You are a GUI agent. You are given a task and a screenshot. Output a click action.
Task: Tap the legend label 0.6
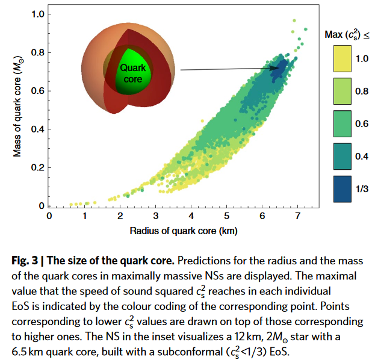362,123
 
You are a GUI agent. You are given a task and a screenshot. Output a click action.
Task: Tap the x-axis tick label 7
297,216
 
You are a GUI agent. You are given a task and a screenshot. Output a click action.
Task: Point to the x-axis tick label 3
155,216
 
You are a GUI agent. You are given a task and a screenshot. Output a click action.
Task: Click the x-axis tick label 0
49,216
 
